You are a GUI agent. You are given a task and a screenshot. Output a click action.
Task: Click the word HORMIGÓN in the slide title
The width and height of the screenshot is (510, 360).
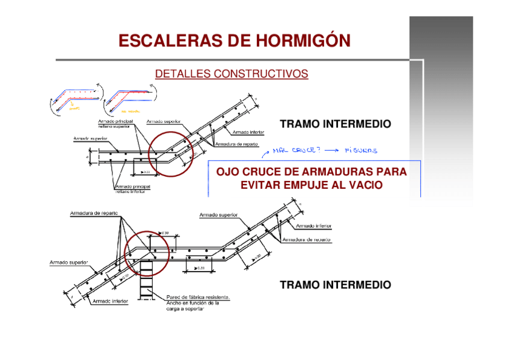(303, 41)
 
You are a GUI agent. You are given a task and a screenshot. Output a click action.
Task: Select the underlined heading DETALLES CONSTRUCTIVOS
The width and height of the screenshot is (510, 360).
(232, 74)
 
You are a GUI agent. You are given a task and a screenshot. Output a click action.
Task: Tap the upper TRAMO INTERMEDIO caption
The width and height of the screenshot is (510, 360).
(335, 124)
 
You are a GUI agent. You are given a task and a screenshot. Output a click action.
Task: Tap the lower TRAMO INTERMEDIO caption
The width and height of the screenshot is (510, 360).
(335, 285)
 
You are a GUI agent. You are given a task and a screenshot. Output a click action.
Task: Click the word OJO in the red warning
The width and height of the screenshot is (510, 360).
(227, 172)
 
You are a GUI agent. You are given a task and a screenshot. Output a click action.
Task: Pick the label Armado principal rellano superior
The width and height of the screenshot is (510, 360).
(117, 123)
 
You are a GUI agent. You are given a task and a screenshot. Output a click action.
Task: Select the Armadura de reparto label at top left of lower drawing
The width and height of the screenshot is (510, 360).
(94, 213)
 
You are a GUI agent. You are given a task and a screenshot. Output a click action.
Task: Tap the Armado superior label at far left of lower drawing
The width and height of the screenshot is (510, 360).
(69, 263)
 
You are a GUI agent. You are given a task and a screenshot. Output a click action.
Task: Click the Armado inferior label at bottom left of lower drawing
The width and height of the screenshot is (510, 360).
(110, 301)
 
